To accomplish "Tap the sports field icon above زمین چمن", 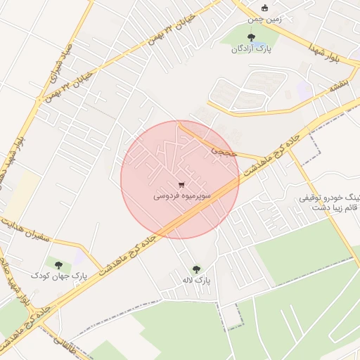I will (x=264, y=8).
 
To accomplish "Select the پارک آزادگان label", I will (x=250, y=49).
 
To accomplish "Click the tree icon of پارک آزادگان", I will (x=250, y=38).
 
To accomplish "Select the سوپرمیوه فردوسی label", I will (x=180, y=197).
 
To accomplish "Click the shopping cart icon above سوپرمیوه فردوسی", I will (x=181, y=186).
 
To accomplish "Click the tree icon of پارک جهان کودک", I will (x=58, y=265).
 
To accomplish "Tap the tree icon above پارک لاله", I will (x=196, y=269).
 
